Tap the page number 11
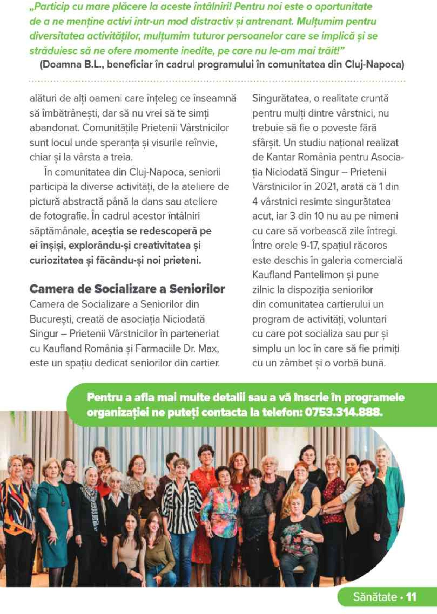point(411,589)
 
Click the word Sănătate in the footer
point(375,589)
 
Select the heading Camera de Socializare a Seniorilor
point(127,289)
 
